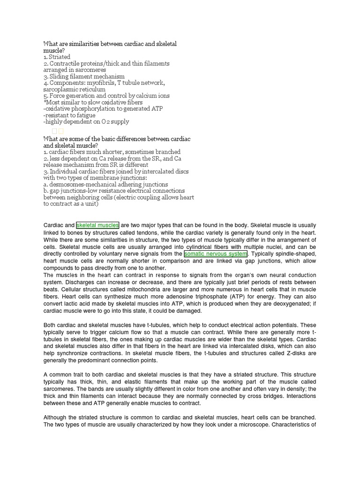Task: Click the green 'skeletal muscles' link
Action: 97,225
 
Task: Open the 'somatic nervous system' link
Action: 216,254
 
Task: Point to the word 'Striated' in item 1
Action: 60,57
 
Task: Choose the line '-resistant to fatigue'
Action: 69,115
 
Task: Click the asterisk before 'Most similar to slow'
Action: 45,102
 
